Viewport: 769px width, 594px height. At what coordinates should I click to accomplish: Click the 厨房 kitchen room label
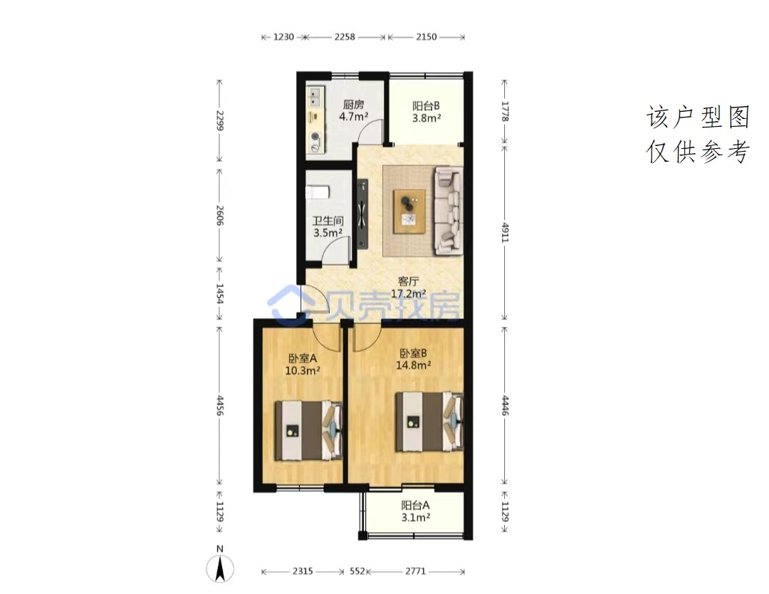coord(354,105)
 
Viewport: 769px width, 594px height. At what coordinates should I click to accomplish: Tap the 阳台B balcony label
coord(426,105)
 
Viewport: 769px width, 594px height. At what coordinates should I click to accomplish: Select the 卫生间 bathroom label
coord(328,221)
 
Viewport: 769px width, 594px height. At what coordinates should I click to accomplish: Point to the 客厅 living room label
coord(408,281)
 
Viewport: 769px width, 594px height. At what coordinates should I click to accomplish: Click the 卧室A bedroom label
coord(303,358)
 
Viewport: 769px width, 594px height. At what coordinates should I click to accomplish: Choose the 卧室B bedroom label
coord(414,353)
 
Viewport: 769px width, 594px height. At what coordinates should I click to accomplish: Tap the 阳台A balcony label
coord(415,505)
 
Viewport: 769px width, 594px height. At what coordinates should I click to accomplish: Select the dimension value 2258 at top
coord(345,37)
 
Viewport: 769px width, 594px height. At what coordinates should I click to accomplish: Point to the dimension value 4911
coord(505,232)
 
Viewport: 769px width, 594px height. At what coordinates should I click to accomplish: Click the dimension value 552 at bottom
coord(357,571)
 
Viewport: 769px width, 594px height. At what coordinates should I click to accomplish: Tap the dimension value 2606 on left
coord(220,215)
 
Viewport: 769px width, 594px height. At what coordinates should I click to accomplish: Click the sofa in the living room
coord(449,211)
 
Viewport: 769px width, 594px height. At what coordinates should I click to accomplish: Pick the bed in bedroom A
coord(308,431)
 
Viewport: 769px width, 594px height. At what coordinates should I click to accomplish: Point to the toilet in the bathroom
coord(318,192)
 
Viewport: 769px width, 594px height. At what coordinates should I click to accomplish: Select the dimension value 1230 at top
coord(283,37)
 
